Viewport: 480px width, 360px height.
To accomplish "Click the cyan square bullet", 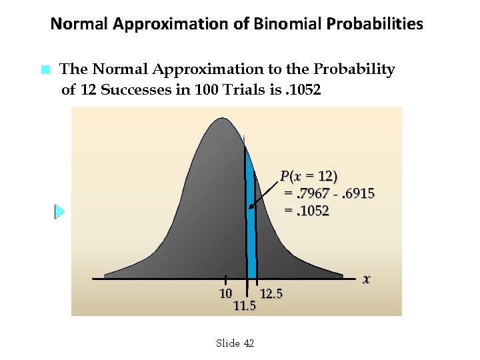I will coord(45,69).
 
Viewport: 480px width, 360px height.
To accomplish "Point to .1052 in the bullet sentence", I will coord(303,89).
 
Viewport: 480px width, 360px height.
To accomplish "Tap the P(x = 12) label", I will coord(309,176).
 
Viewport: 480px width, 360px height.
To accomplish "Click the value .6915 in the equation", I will coord(357,193).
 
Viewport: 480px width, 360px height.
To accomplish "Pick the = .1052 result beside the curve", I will coord(307,211).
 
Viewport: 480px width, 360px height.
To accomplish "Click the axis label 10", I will coord(225,293).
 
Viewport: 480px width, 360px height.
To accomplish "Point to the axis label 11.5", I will coord(245,306).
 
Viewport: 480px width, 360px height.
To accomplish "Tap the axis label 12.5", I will coord(271,293).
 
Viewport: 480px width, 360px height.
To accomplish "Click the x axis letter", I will coord(366,279).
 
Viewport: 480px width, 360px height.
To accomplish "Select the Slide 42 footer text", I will coord(235,343).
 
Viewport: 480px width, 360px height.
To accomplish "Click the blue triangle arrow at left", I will coord(59,211).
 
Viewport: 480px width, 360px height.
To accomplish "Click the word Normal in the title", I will coord(79,25).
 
